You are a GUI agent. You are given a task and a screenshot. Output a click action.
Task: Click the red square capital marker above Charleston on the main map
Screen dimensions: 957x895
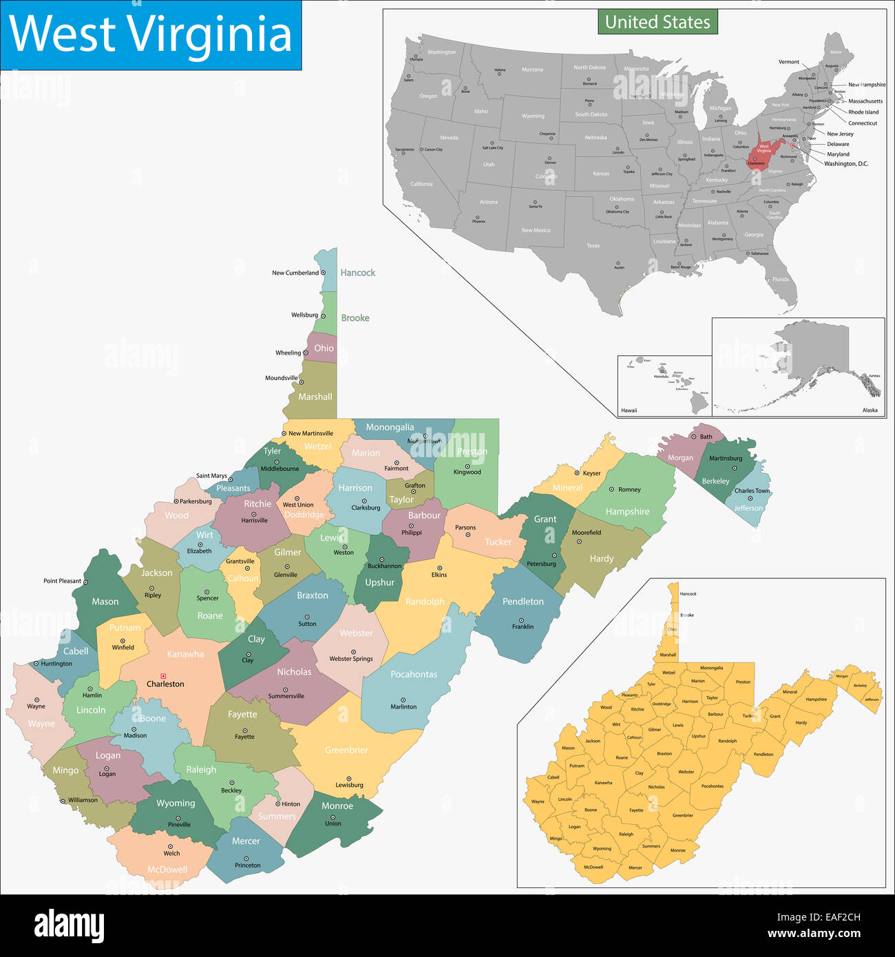pos(163,676)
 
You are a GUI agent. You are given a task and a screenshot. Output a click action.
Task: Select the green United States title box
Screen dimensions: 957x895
pos(657,22)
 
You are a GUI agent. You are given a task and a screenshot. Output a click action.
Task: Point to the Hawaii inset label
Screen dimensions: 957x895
pos(629,410)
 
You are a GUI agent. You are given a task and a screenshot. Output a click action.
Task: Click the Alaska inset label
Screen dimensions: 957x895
pos(870,410)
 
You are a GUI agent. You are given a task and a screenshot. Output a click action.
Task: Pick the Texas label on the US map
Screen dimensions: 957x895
pos(593,246)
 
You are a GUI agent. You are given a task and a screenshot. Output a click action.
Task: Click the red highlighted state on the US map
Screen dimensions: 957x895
pos(763,151)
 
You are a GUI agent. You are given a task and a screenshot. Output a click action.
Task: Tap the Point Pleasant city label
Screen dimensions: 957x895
pos(62,581)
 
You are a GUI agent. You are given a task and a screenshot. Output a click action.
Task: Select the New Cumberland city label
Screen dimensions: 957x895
pos(295,273)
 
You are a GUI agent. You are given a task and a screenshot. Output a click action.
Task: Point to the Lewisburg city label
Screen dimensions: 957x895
pos(349,785)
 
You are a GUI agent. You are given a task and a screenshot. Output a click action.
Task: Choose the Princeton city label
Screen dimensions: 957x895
pos(247,865)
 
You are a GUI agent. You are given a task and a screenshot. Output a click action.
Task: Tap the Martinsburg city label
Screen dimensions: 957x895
pos(726,459)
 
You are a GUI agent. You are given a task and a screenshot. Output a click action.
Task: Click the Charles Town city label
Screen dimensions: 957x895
pos(752,491)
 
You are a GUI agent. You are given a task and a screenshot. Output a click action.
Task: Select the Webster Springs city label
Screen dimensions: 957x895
pos(350,659)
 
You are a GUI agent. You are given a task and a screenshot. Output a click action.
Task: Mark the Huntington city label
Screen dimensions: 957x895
pos(56,664)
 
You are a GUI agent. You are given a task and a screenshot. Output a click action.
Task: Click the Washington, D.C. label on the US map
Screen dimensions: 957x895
pos(846,164)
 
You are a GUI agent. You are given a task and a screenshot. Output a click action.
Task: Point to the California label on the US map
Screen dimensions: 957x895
pos(421,185)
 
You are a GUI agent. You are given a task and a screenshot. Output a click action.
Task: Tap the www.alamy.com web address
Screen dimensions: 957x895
pos(814,934)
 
